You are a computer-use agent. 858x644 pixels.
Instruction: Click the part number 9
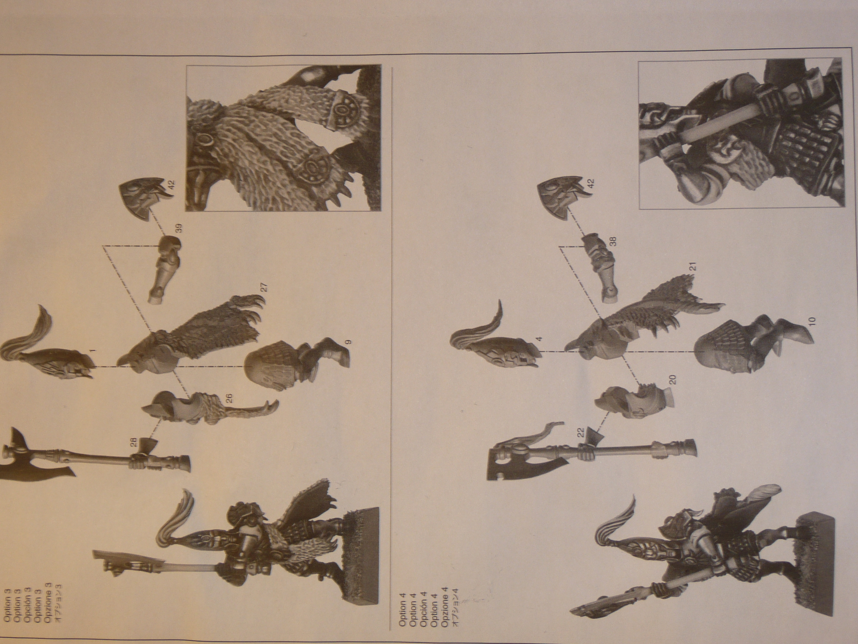tap(348, 342)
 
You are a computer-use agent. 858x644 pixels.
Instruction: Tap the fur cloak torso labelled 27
tap(190, 334)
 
